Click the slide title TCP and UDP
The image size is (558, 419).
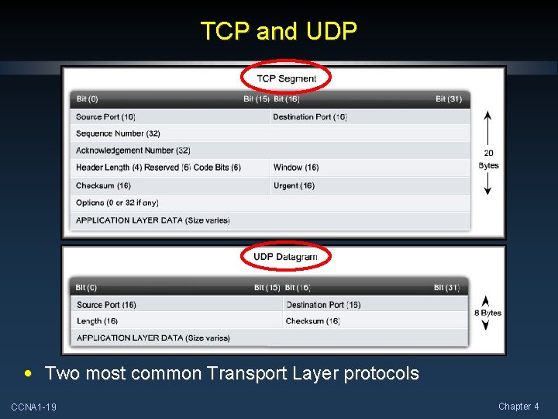tap(279, 31)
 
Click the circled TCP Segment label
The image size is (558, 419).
tap(286, 78)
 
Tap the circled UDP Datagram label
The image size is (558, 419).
tap(285, 257)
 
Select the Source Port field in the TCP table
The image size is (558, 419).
tap(106, 117)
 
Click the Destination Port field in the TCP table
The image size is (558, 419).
tap(310, 117)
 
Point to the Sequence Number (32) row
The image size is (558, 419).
tap(118, 133)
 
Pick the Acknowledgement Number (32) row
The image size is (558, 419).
tap(133, 151)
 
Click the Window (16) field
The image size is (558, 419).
tap(296, 168)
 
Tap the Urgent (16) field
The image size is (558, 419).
tap(294, 185)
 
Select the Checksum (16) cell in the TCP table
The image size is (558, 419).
tap(103, 185)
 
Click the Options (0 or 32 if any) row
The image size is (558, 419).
tap(117, 203)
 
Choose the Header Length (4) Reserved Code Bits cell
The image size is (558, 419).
tap(158, 168)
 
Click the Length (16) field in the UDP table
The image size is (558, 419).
tap(97, 321)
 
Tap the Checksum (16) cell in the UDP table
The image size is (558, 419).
tap(312, 321)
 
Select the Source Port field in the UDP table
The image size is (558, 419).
tap(106, 305)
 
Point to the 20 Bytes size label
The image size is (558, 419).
tap(488, 159)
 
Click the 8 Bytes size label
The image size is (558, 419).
tap(487, 313)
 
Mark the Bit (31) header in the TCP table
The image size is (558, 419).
tap(449, 99)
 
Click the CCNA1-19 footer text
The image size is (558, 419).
tap(33, 407)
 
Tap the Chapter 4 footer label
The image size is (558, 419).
tap(518, 407)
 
